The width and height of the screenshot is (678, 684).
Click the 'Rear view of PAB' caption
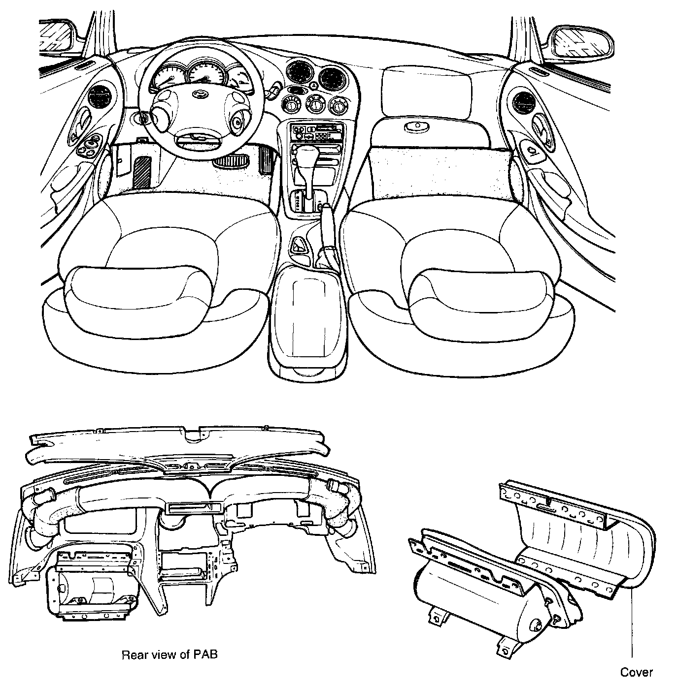click(169, 655)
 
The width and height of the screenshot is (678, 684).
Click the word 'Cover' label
click(636, 672)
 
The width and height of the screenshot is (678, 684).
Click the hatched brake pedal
click(143, 171)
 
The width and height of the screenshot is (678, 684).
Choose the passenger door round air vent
click(521, 101)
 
